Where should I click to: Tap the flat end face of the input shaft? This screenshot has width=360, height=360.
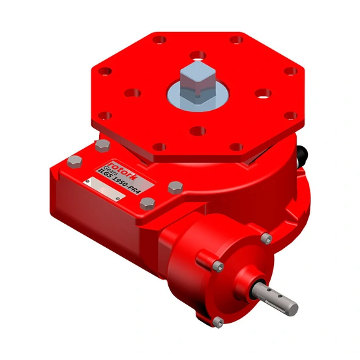(x=292, y=307)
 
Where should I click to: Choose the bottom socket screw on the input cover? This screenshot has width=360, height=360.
(x=220, y=322)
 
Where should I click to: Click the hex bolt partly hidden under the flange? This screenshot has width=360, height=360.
(x=100, y=145)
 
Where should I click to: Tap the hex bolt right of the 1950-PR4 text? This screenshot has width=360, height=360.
(x=175, y=187)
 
